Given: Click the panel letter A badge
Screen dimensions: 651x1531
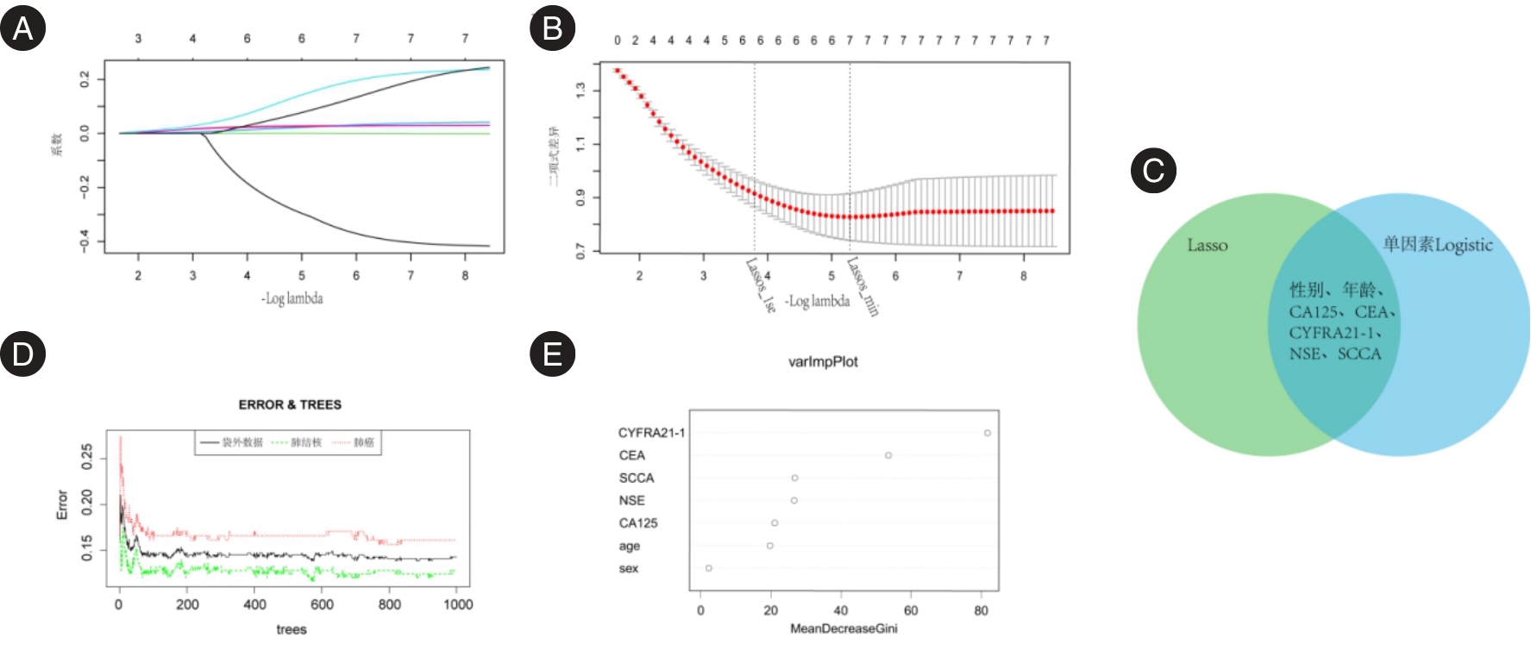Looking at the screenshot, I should tap(22, 28).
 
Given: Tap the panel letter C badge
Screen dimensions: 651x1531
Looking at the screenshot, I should tap(1153, 170).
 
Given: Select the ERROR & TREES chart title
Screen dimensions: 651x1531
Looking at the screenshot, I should tap(290, 404).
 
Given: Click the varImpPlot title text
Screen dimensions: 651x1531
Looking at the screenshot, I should tap(823, 362).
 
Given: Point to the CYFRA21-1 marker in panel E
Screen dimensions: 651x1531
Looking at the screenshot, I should tap(988, 433).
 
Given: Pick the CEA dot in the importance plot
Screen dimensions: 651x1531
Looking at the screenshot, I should tap(888, 455).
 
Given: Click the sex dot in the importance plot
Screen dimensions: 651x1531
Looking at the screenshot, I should tap(709, 568).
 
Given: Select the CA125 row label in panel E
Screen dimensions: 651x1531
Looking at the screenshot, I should tap(638, 523).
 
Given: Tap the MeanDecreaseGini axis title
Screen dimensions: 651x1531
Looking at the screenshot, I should tap(844, 629).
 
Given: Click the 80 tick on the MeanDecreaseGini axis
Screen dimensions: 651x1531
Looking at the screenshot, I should tap(982, 610).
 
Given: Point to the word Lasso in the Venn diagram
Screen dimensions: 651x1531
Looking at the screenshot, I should tap(1207, 246).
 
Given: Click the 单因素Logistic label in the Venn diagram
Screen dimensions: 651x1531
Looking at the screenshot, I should tap(1437, 245).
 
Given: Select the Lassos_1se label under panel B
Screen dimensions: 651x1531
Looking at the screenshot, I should tap(761, 285).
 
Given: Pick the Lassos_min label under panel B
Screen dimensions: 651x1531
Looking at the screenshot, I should tap(863, 286).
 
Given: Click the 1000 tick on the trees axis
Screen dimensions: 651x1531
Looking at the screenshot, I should tap(458, 604).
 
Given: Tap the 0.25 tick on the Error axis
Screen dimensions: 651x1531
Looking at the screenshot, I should tap(87, 457).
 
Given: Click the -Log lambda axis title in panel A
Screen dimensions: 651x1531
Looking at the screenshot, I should tap(292, 298).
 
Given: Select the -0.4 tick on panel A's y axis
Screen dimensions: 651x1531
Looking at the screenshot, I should tap(85, 241).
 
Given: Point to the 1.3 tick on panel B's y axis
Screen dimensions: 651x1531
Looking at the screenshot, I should tap(580, 89).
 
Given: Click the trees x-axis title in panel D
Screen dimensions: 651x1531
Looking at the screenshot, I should tap(292, 629).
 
